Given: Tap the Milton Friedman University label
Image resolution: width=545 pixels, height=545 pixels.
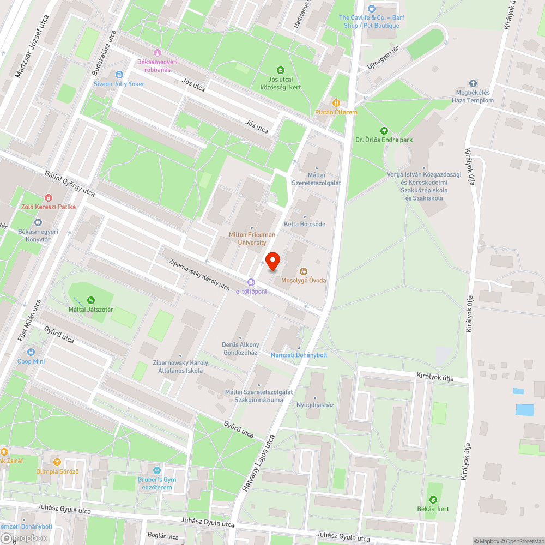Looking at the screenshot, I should click(251, 238).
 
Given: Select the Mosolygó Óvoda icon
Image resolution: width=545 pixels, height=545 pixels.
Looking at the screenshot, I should click(304, 271).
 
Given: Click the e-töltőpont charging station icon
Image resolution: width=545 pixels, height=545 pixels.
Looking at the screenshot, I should click(251, 282).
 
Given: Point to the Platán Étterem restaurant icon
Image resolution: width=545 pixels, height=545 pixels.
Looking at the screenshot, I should click(336, 102).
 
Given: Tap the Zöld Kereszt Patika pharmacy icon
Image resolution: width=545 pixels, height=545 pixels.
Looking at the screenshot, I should click(49, 198).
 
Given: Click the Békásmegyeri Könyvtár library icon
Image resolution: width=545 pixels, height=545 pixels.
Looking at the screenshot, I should click(38, 222).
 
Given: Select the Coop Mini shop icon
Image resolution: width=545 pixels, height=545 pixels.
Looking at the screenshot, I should click(31, 352).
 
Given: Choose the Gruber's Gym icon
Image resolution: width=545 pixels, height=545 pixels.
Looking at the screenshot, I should click(158, 470).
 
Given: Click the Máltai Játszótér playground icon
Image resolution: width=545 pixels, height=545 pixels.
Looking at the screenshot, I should click(90, 300).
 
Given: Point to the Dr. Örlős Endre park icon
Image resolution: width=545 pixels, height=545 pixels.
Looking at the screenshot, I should click(384, 131).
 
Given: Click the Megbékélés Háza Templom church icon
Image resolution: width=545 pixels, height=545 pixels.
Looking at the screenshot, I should click(473, 83).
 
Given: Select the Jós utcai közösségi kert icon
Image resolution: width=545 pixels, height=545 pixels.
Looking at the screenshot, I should click(281, 70).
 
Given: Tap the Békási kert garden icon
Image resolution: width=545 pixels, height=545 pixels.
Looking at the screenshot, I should click(433, 500).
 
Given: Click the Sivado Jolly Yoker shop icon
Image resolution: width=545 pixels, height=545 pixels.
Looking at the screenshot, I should click(119, 75).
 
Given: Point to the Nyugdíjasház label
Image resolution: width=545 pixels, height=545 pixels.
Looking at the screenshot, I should click(315, 405).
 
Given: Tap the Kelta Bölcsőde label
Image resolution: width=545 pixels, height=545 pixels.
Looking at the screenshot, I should click(305, 224).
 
